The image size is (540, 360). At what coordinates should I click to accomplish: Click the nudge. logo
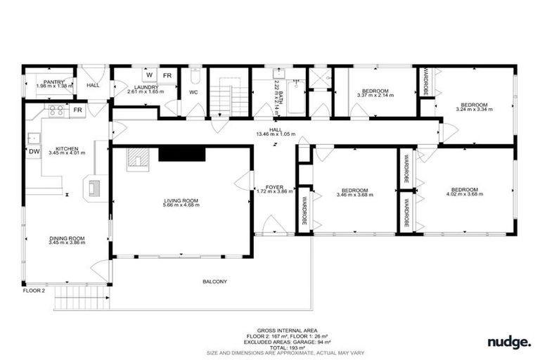click(x=509, y=342)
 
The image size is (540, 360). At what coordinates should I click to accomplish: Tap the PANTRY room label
click(x=54, y=82)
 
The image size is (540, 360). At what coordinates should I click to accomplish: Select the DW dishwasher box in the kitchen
click(x=34, y=151)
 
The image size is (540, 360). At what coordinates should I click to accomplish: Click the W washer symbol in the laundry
click(x=149, y=75)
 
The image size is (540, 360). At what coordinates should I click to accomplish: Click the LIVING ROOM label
click(x=181, y=201)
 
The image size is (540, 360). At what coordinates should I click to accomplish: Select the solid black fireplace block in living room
click(x=181, y=154)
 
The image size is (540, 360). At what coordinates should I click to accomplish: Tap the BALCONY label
click(x=215, y=282)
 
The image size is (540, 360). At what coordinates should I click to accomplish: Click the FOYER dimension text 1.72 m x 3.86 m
click(x=274, y=191)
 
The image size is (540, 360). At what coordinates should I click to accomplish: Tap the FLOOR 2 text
click(x=33, y=290)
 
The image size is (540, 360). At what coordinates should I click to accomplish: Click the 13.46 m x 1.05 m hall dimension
click(x=275, y=133)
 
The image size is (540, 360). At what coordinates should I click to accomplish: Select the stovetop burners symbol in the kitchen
click(x=56, y=110)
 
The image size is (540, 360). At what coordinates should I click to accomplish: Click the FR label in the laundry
click(x=168, y=75)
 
